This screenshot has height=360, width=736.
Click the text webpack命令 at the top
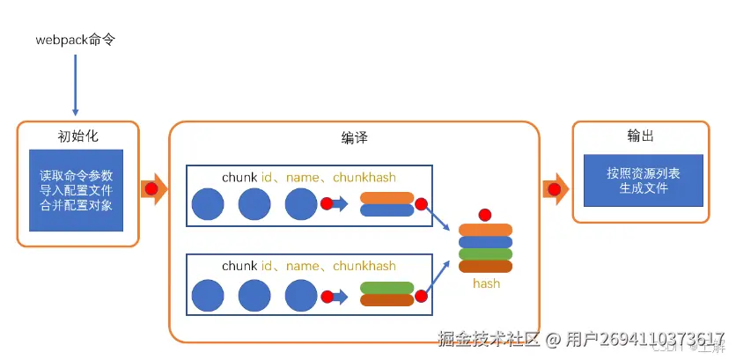click(75, 40)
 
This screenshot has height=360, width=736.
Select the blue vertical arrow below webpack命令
click(75, 84)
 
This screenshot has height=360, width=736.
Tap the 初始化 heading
click(77, 137)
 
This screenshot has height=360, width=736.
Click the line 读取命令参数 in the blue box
click(77, 175)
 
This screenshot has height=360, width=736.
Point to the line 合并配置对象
click(77, 205)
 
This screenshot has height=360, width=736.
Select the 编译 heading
click(354, 138)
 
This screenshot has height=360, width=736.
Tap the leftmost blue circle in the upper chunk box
click(209, 204)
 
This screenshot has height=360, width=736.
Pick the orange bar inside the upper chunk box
click(386, 198)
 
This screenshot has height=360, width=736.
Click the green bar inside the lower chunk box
click(386, 287)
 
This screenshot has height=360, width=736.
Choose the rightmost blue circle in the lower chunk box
click(301, 294)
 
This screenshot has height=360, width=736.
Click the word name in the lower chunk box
click(302, 266)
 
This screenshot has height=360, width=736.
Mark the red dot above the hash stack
click(484, 215)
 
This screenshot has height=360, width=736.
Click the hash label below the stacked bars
click(486, 283)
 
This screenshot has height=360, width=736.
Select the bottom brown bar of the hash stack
click(485, 267)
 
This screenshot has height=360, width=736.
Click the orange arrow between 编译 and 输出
click(556, 188)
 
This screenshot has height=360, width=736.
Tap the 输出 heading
click(640, 137)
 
